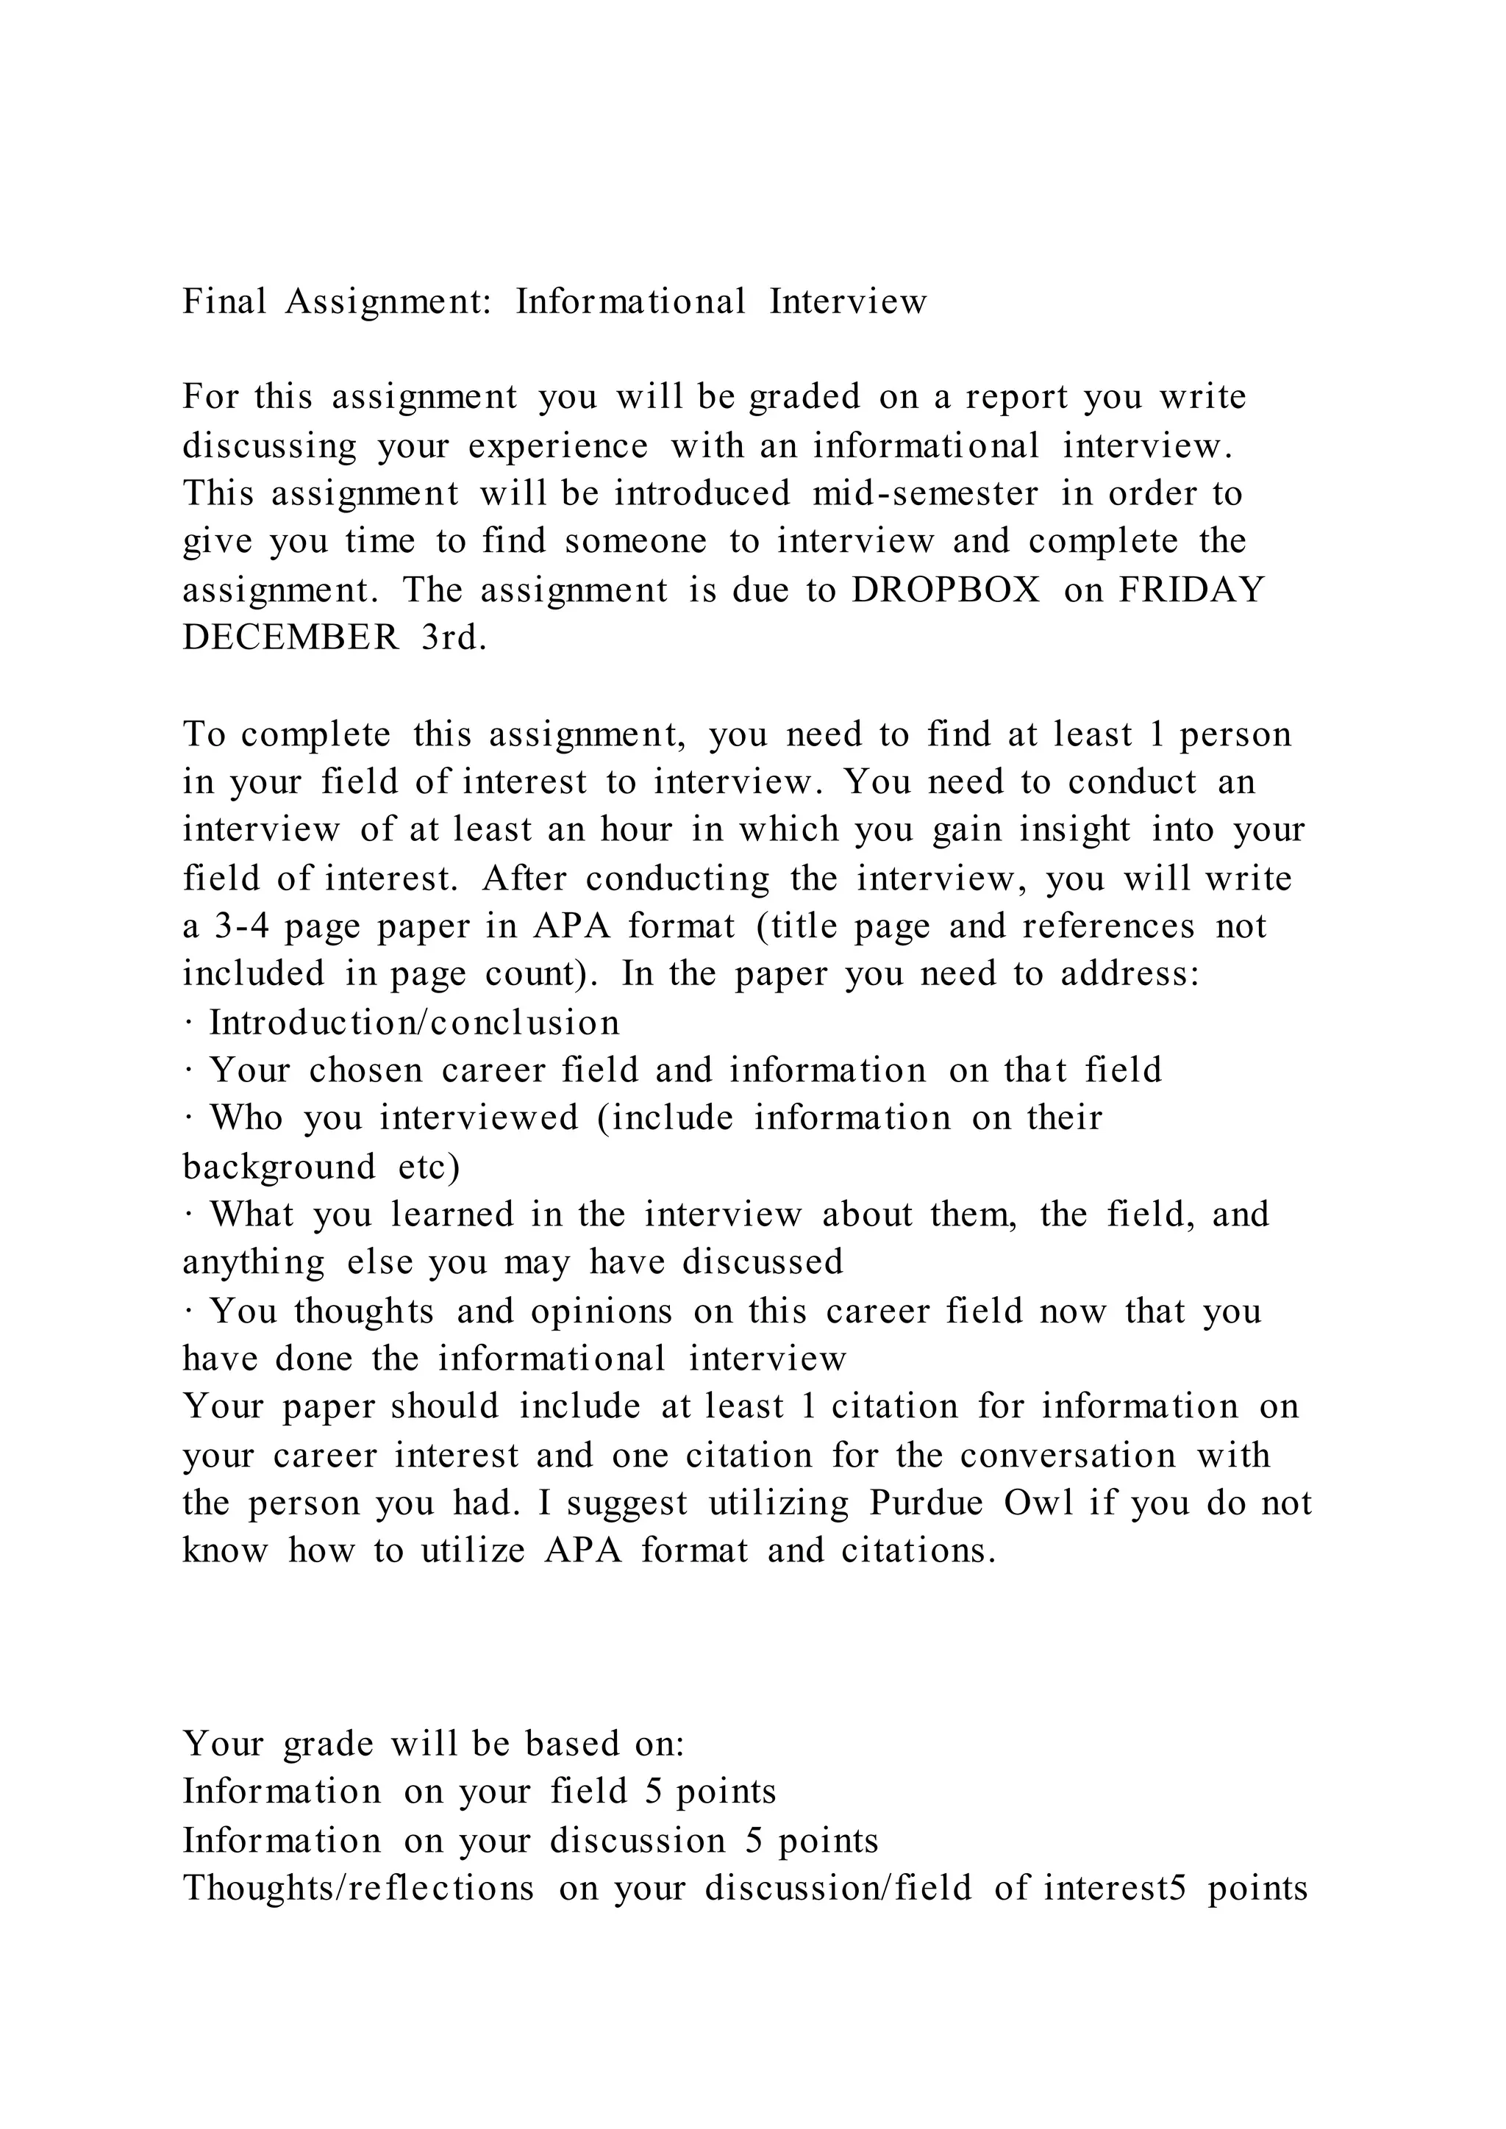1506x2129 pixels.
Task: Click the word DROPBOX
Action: pos(946,590)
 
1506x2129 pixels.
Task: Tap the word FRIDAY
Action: pos(1191,590)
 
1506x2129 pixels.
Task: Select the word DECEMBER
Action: pos(290,637)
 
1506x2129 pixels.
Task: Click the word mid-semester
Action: pos(924,493)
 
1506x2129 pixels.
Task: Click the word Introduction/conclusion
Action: pos(413,1022)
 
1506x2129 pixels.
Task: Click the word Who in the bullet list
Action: pos(246,1117)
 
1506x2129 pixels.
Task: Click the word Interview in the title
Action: pos(848,301)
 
